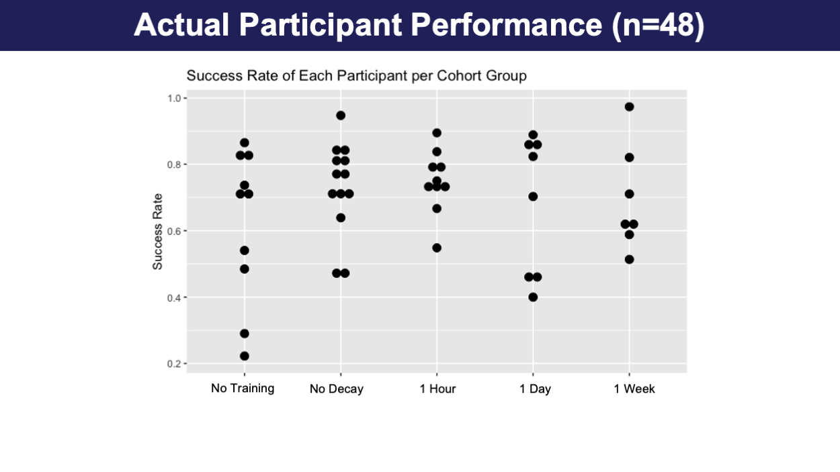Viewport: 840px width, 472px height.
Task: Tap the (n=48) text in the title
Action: click(658, 26)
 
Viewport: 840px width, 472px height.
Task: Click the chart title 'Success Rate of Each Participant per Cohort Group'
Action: click(357, 76)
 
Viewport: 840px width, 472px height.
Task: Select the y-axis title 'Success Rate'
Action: click(157, 232)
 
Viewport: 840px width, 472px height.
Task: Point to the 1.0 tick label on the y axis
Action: click(174, 99)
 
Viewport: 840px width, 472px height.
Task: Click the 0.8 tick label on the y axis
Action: click(174, 164)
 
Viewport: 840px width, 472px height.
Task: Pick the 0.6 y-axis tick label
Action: click(174, 231)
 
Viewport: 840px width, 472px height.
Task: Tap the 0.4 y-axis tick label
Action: click(174, 298)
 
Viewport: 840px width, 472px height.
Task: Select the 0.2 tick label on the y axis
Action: click(174, 364)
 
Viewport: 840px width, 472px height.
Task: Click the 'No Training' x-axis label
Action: click(243, 389)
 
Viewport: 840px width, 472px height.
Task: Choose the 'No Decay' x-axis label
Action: click(337, 389)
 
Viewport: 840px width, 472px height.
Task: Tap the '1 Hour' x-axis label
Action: click(437, 389)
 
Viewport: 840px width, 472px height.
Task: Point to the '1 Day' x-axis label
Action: click(535, 389)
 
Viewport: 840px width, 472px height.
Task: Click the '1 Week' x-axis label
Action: click(634, 389)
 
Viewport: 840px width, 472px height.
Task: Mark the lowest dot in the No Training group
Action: click(244, 356)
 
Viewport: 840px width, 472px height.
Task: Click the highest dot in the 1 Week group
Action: click(629, 107)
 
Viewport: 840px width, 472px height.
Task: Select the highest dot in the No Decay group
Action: click(341, 115)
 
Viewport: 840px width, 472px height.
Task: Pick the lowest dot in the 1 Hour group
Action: click(437, 248)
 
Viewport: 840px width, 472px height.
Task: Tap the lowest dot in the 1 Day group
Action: click(533, 297)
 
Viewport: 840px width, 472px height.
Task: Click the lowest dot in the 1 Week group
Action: click(629, 259)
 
